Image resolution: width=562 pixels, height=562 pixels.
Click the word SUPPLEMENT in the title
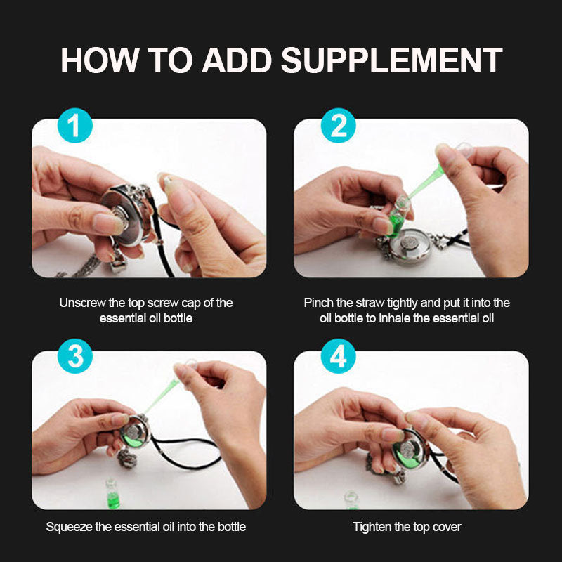click(391, 60)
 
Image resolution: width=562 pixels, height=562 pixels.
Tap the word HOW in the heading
click(100, 60)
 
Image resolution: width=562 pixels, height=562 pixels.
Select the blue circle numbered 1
click(75, 126)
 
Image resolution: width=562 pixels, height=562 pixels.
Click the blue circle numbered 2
click(338, 126)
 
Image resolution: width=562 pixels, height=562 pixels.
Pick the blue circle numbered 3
click(75, 356)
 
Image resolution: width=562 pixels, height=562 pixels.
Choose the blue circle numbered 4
click(338, 356)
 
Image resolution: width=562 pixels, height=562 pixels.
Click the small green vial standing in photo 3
click(112, 494)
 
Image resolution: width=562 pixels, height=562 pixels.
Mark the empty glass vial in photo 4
click(351, 500)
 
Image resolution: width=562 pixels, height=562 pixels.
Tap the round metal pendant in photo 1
click(126, 215)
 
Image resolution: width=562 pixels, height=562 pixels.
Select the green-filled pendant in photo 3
click(134, 432)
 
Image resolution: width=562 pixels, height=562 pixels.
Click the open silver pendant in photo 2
click(410, 246)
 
